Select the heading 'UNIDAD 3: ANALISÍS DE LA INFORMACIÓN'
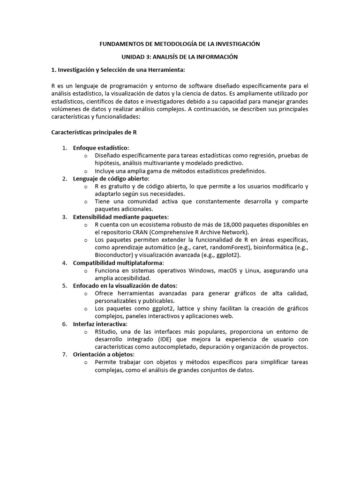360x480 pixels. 180,57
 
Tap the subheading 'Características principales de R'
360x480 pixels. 94,132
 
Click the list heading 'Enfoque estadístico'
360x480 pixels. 100,148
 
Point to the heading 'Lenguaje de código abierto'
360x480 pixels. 111,179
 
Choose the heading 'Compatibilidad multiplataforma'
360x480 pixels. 118,262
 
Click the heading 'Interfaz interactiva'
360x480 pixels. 99,324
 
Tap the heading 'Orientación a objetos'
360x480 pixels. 103,354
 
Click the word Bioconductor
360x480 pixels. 114,255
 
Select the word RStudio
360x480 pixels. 106,331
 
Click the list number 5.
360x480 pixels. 64,285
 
